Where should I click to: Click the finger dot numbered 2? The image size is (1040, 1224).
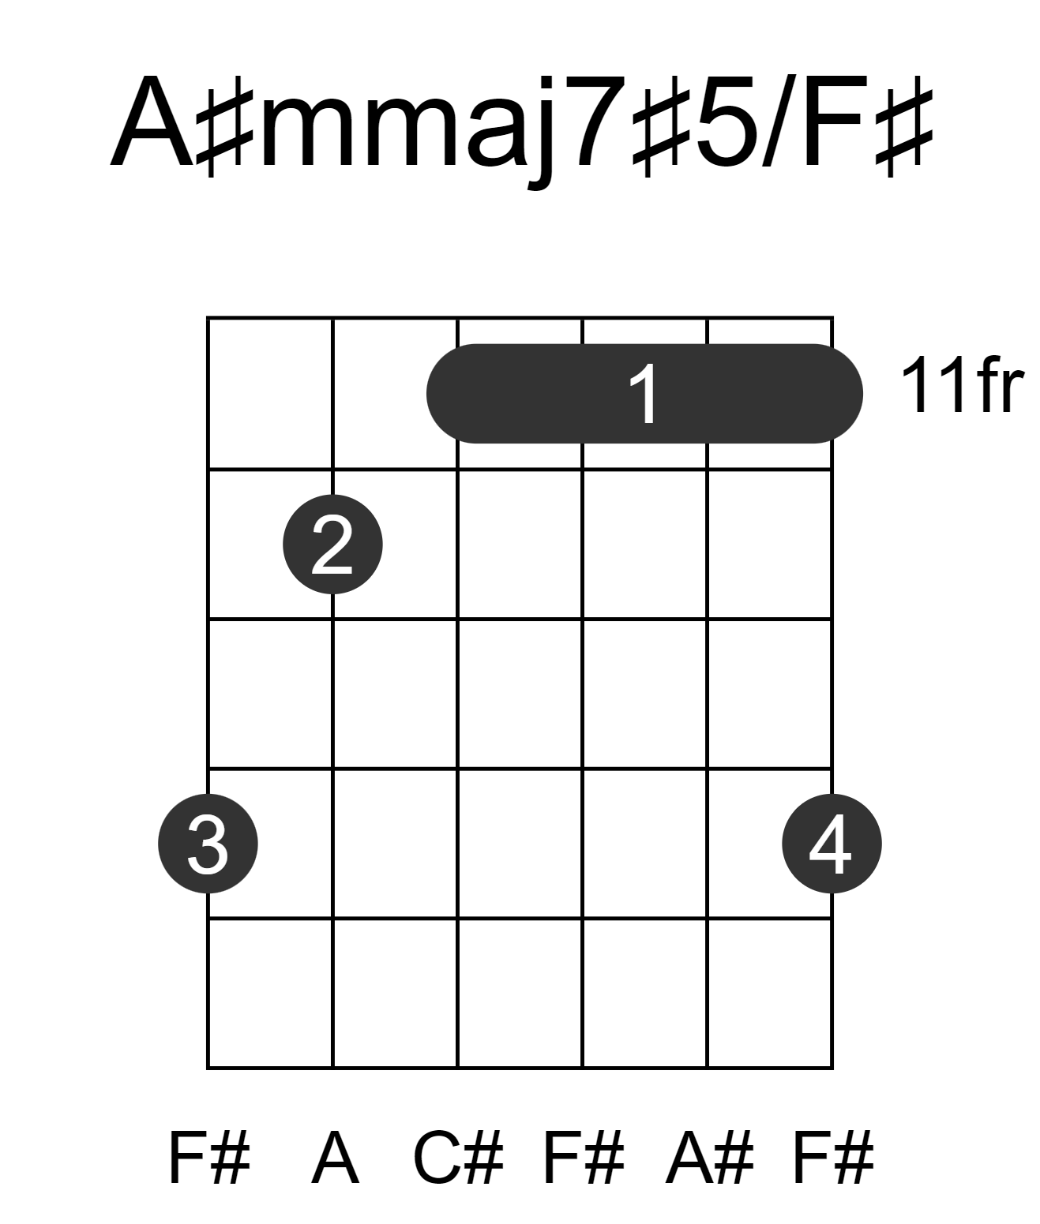[x=332, y=545]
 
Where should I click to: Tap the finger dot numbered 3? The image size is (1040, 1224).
[x=208, y=844]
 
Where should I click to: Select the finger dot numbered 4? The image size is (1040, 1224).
[x=832, y=844]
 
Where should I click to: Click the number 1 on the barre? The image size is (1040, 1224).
[x=644, y=395]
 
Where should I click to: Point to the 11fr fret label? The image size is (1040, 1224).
[x=963, y=385]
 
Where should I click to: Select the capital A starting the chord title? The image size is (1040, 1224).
[x=153, y=122]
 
